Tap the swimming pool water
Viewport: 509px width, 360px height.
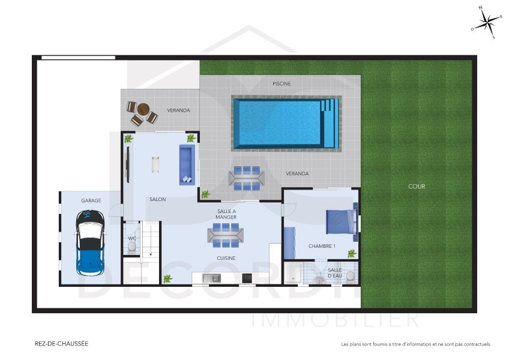pos(279,123)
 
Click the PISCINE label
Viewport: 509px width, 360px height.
pos(282,84)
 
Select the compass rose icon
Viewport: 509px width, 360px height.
pos(487,23)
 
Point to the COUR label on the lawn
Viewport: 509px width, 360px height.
pos(417,187)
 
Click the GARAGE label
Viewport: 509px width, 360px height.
pos(91,200)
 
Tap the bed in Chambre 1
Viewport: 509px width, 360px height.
pos(340,221)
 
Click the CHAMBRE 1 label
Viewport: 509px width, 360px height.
pos(322,246)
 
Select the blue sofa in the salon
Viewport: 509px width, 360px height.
pos(187,164)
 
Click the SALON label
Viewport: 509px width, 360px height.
pos(158,199)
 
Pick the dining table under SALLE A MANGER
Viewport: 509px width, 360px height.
pos(226,235)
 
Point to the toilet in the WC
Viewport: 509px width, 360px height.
pos(132,245)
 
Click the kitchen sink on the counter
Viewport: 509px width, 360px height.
pos(211,278)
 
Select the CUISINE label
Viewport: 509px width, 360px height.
pos(226,259)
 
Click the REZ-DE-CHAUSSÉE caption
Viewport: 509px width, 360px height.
pos(62,344)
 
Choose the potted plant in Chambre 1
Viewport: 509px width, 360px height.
pos(352,254)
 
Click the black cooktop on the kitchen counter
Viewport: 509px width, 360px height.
pos(246,278)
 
